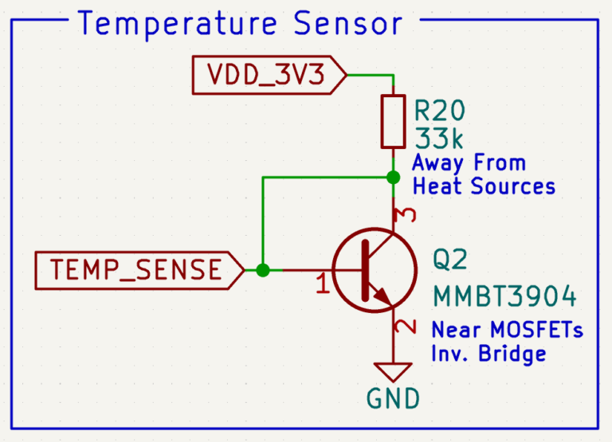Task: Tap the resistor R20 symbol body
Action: tap(393, 121)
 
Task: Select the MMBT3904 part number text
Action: tap(504, 296)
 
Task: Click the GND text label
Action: tap(393, 398)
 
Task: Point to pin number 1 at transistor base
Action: tap(322, 284)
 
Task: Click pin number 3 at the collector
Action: tap(406, 215)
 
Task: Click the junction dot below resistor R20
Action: tap(393, 176)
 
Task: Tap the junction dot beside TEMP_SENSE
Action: tap(263, 270)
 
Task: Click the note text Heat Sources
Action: tap(483, 187)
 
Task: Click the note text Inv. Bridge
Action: tap(488, 353)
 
